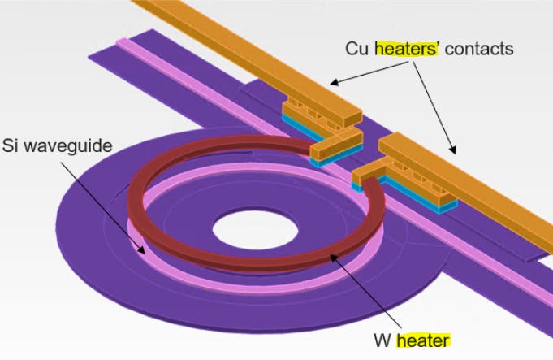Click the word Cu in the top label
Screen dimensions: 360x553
coord(358,49)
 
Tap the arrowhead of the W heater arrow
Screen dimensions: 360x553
coord(331,259)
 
